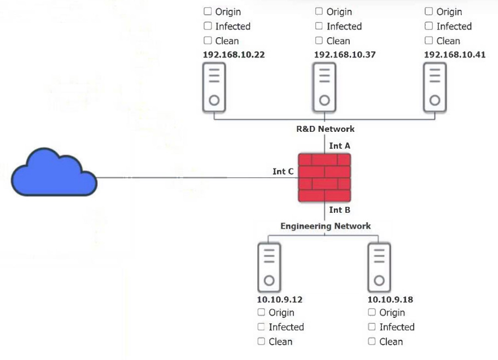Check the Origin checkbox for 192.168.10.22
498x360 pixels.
pyautogui.click(x=208, y=11)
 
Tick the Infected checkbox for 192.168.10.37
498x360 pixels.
pyautogui.click(x=319, y=26)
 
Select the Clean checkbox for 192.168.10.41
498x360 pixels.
pyautogui.click(x=429, y=40)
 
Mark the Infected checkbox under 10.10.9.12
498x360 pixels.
pyautogui.click(x=262, y=327)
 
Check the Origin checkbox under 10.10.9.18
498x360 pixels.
pyautogui.click(x=372, y=312)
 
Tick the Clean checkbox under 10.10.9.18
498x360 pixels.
pyautogui.click(x=372, y=341)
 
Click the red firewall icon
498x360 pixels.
pyautogui.click(x=325, y=178)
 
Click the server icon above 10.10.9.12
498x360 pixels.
pyautogui.click(x=269, y=268)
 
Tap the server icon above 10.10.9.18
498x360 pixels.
pyautogui.click(x=379, y=268)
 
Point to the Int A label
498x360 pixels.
pyautogui.click(x=339, y=146)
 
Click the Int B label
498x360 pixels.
pyautogui.click(x=339, y=210)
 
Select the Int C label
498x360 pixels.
pyautogui.click(x=283, y=172)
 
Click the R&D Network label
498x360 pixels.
pyautogui.click(x=325, y=129)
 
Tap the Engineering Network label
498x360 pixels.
pyautogui.click(x=325, y=226)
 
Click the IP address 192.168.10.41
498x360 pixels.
pyautogui.click(x=454, y=55)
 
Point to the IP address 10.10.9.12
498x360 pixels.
pyautogui.click(x=280, y=300)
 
